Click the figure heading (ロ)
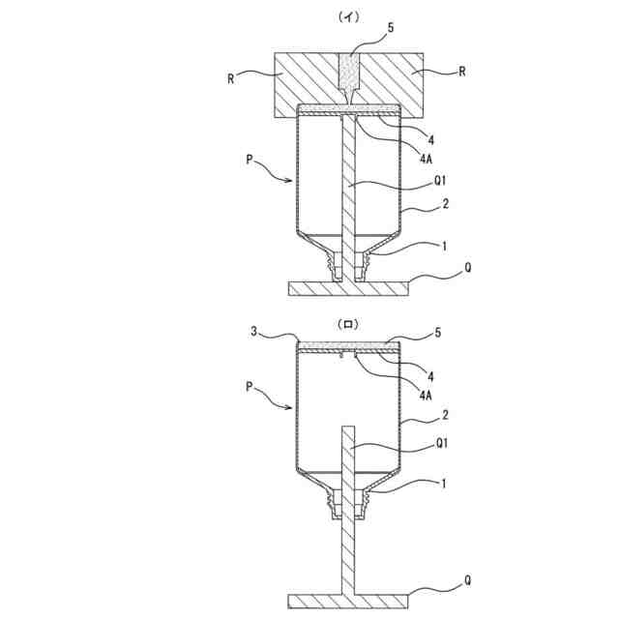pos(346,326)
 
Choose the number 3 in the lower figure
pos(253,332)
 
